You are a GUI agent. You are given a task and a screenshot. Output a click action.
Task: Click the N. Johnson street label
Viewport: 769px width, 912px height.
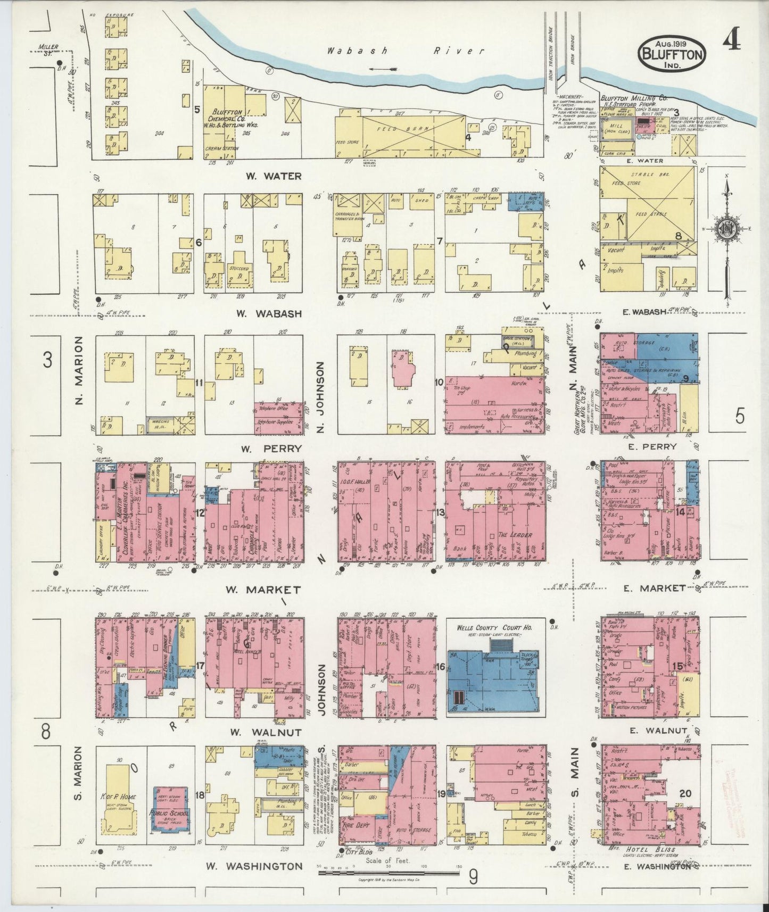320,396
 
